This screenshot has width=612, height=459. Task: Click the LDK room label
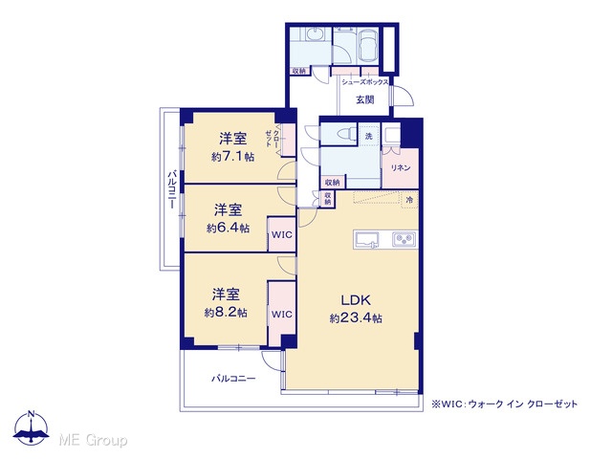[356, 300]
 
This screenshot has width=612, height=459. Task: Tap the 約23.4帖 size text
[356, 318]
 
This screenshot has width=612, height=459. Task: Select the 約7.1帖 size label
[232, 157]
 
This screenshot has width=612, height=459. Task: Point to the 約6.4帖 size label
[228, 229]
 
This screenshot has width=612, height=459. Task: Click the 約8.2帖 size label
[226, 313]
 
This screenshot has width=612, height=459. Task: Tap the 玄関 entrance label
[365, 99]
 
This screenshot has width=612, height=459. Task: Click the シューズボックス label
[365, 82]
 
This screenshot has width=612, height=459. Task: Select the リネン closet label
[401, 168]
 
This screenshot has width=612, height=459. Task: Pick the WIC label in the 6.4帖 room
[281, 235]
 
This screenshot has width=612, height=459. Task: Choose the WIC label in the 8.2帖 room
[281, 315]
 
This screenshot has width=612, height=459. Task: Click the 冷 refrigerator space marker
[409, 200]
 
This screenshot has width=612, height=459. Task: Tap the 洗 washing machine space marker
[369, 136]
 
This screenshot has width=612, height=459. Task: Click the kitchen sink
[366, 239]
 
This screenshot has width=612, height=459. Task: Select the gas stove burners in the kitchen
[404, 238]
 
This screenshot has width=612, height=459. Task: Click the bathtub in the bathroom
[367, 46]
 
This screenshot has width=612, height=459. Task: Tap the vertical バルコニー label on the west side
[171, 189]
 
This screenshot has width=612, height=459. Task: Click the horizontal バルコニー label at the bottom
[233, 379]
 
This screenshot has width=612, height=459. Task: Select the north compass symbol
[31, 427]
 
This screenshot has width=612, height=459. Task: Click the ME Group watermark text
[93, 441]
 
